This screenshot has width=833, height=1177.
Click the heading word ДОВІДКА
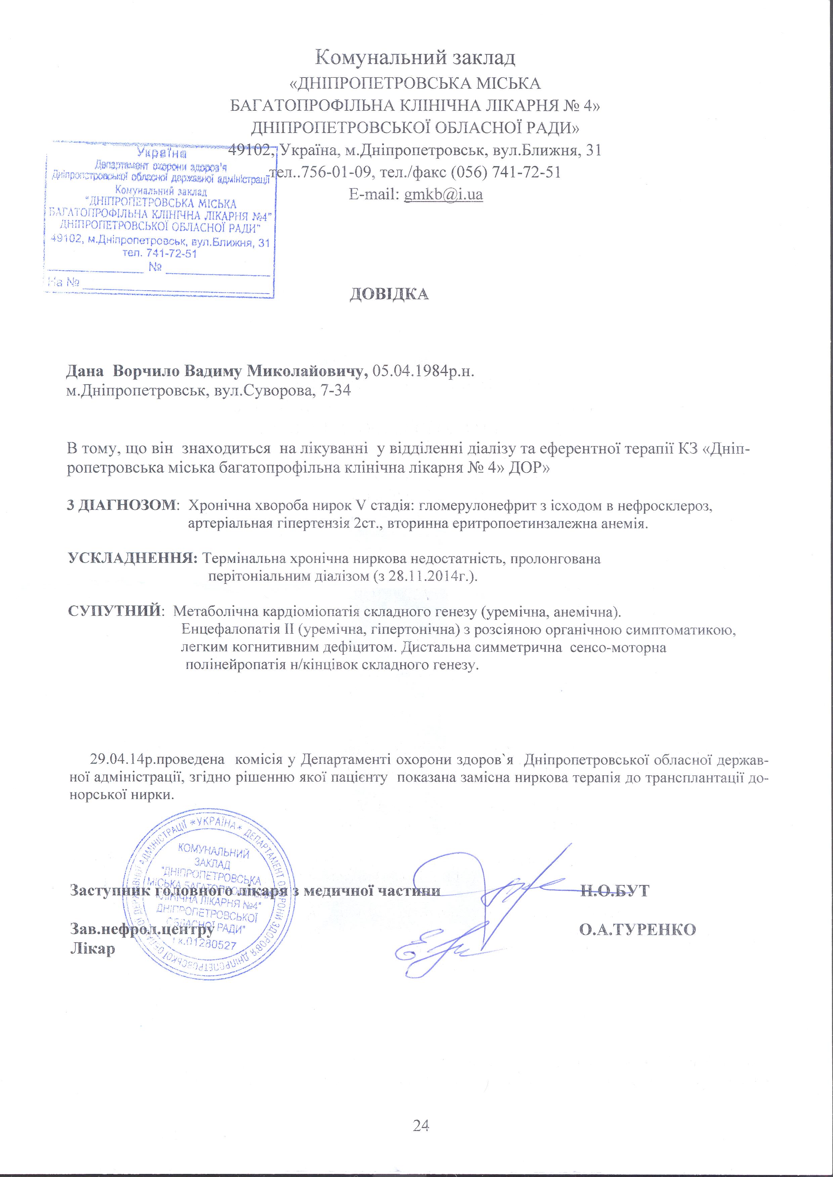(389, 294)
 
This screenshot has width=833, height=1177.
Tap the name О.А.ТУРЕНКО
(637, 929)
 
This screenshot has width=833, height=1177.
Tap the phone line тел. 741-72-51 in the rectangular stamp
(160, 253)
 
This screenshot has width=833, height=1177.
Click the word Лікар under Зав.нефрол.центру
(92, 948)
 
